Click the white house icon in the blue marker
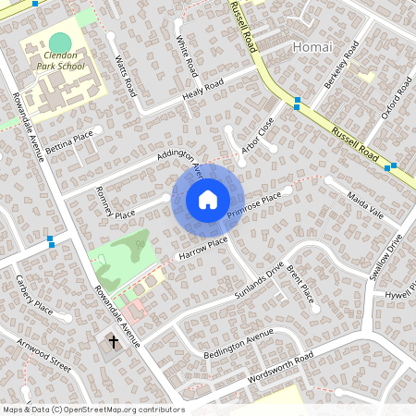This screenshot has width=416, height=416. point(208,199)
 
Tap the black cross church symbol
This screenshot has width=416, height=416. point(114,342)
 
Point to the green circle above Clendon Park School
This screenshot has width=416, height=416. point(60,43)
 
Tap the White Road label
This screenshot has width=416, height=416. point(187,55)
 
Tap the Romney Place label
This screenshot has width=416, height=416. point(114,202)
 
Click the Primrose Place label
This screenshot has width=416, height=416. point(253,208)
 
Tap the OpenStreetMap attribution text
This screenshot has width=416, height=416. point(92,410)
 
